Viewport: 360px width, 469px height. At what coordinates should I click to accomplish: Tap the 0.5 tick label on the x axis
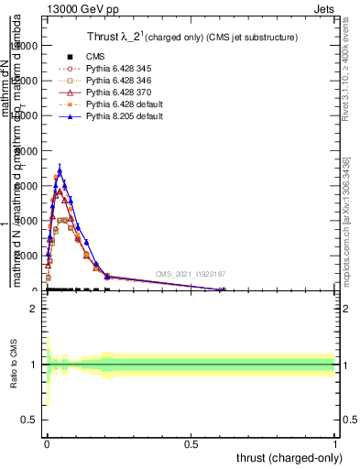[191, 442]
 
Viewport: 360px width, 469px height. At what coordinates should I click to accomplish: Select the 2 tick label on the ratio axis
[33, 309]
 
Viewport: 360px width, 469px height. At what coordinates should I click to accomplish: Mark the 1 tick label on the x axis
[335, 442]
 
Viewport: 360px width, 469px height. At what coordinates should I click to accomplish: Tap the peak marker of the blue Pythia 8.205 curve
[60, 169]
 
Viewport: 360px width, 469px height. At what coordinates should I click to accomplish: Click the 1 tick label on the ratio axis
[33, 365]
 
